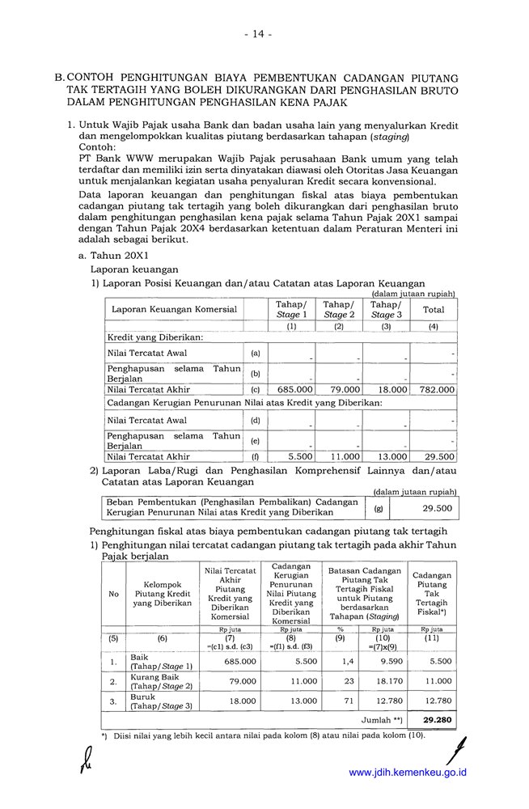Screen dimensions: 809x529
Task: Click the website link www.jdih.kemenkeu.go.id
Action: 407,773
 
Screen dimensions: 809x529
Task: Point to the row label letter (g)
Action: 379,508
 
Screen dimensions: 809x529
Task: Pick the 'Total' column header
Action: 434,309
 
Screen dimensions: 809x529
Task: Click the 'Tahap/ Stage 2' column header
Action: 338,309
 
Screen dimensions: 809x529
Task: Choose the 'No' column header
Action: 113,594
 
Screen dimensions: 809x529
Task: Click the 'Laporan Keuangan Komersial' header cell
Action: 174,309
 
